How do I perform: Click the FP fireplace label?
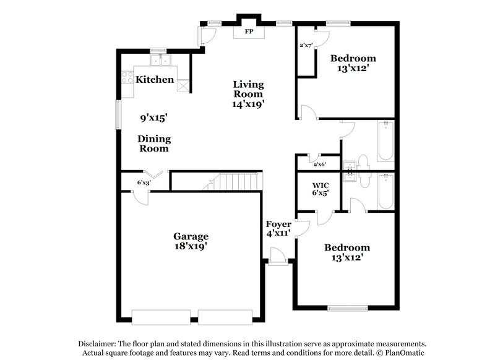(x=248, y=30)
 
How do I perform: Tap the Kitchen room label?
(x=155, y=79)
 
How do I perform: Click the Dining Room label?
(x=154, y=144)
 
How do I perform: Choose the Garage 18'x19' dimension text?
(x=190, y=246)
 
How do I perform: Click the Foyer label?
(x=278, y=224)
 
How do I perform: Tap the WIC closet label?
(x=320, y=184)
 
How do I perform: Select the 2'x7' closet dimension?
(x=306, y=45)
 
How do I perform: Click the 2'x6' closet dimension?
(x=319, y=165)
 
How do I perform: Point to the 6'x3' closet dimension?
(x=144, y=182)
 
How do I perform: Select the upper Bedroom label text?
(x=353, y=59)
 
